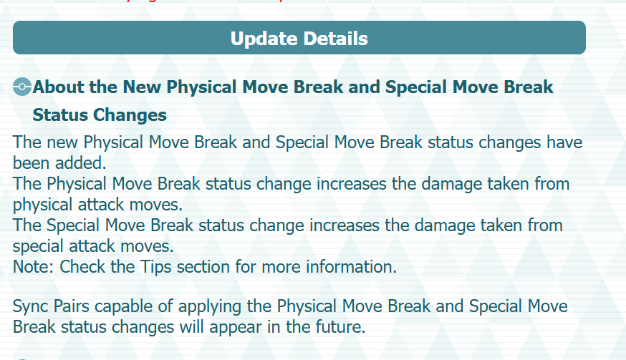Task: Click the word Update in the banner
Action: click(x=264, y=39)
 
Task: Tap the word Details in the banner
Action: click(x=335, y=39)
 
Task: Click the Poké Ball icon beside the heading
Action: click(x=22, y=87)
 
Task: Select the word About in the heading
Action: click(x=58, y=87)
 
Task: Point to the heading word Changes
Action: click(x=130, y=116)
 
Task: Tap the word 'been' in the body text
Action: click(x=32, y=163)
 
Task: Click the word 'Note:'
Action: click(x=33, y=267)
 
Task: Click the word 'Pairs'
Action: click(x=72, y=306)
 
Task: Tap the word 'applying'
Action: click(x=210, y=307)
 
